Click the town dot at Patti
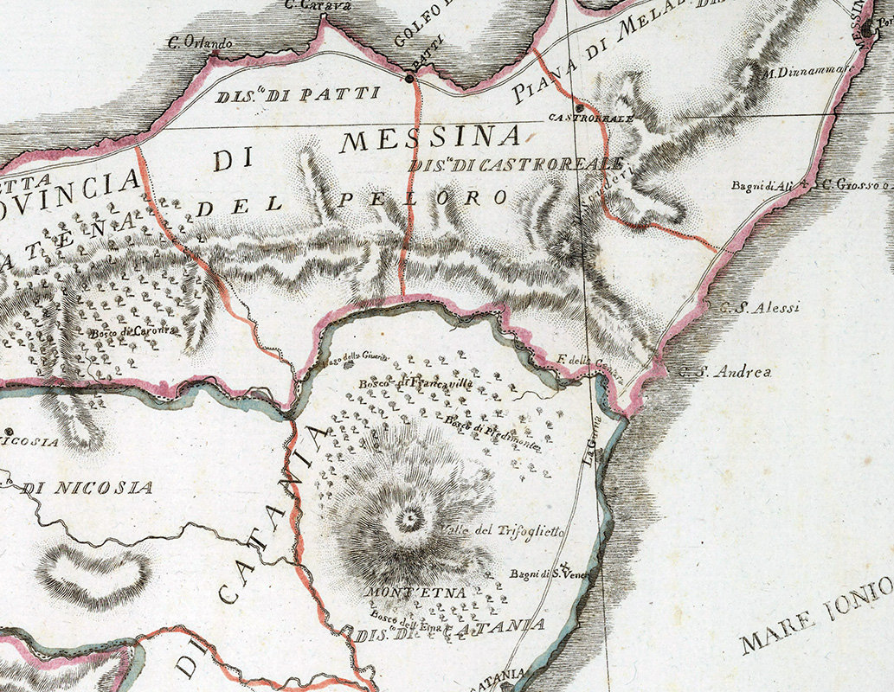tap(410, 79)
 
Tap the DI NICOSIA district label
tap(87, 488)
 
